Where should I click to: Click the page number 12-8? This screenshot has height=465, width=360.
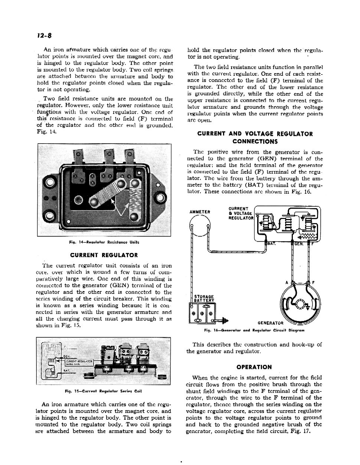[44, 36]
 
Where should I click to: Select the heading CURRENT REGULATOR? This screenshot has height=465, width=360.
[104, 255]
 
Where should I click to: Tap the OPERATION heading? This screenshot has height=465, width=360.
[254, 367]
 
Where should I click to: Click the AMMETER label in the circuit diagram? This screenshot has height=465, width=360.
[200, 212]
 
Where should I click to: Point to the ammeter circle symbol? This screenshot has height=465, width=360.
[200, 226]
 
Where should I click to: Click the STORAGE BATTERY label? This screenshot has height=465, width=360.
[204, 298]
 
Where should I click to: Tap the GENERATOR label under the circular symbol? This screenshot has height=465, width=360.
[270, 322]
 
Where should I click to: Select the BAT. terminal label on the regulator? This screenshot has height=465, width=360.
[272, 244]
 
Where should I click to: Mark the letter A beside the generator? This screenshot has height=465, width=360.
[286, 283]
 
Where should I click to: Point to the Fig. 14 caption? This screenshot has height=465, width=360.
[104, 242]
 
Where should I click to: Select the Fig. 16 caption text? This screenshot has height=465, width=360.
[254, 330]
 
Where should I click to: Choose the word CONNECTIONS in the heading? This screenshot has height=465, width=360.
[255, 141]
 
